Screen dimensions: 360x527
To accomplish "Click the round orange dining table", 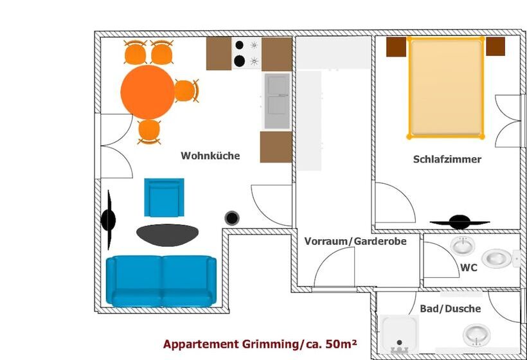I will pyautogui.click(x=148, y=91).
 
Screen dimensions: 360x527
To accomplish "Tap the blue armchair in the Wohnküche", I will pyautogui.click(x=163, y=197).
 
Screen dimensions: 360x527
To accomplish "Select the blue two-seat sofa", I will pyautogui.click(x=161, y=280).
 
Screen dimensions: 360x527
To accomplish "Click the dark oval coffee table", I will pyautogui.click(x=167, y=235).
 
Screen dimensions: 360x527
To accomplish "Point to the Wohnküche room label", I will pyautogui.click(x=210, y=156).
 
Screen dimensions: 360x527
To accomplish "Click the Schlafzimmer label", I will pyautogui.click(x=447, y=159).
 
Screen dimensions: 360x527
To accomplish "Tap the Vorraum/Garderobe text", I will pyautogui.click(x=355, y=241).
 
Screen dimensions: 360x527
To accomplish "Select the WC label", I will pyautogui.click(x=469, y=267).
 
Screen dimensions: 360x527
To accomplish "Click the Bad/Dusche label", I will pyautogui.click(x=450, y=309).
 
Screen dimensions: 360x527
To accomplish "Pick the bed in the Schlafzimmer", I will pyautogui.click(x=445, y=87).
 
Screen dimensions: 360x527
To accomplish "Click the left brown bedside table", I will pyautogui.click(x=396, y=47).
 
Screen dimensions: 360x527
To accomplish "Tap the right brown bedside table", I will pyautogui.click(x=495, y=46).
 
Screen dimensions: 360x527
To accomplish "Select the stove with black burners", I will pyautogui.click(x=247, y=53).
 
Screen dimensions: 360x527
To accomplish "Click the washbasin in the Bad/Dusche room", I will pyautogui.click(x=476, y=335).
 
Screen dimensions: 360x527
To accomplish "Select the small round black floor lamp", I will pyautogui.click(x=232, y=219).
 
